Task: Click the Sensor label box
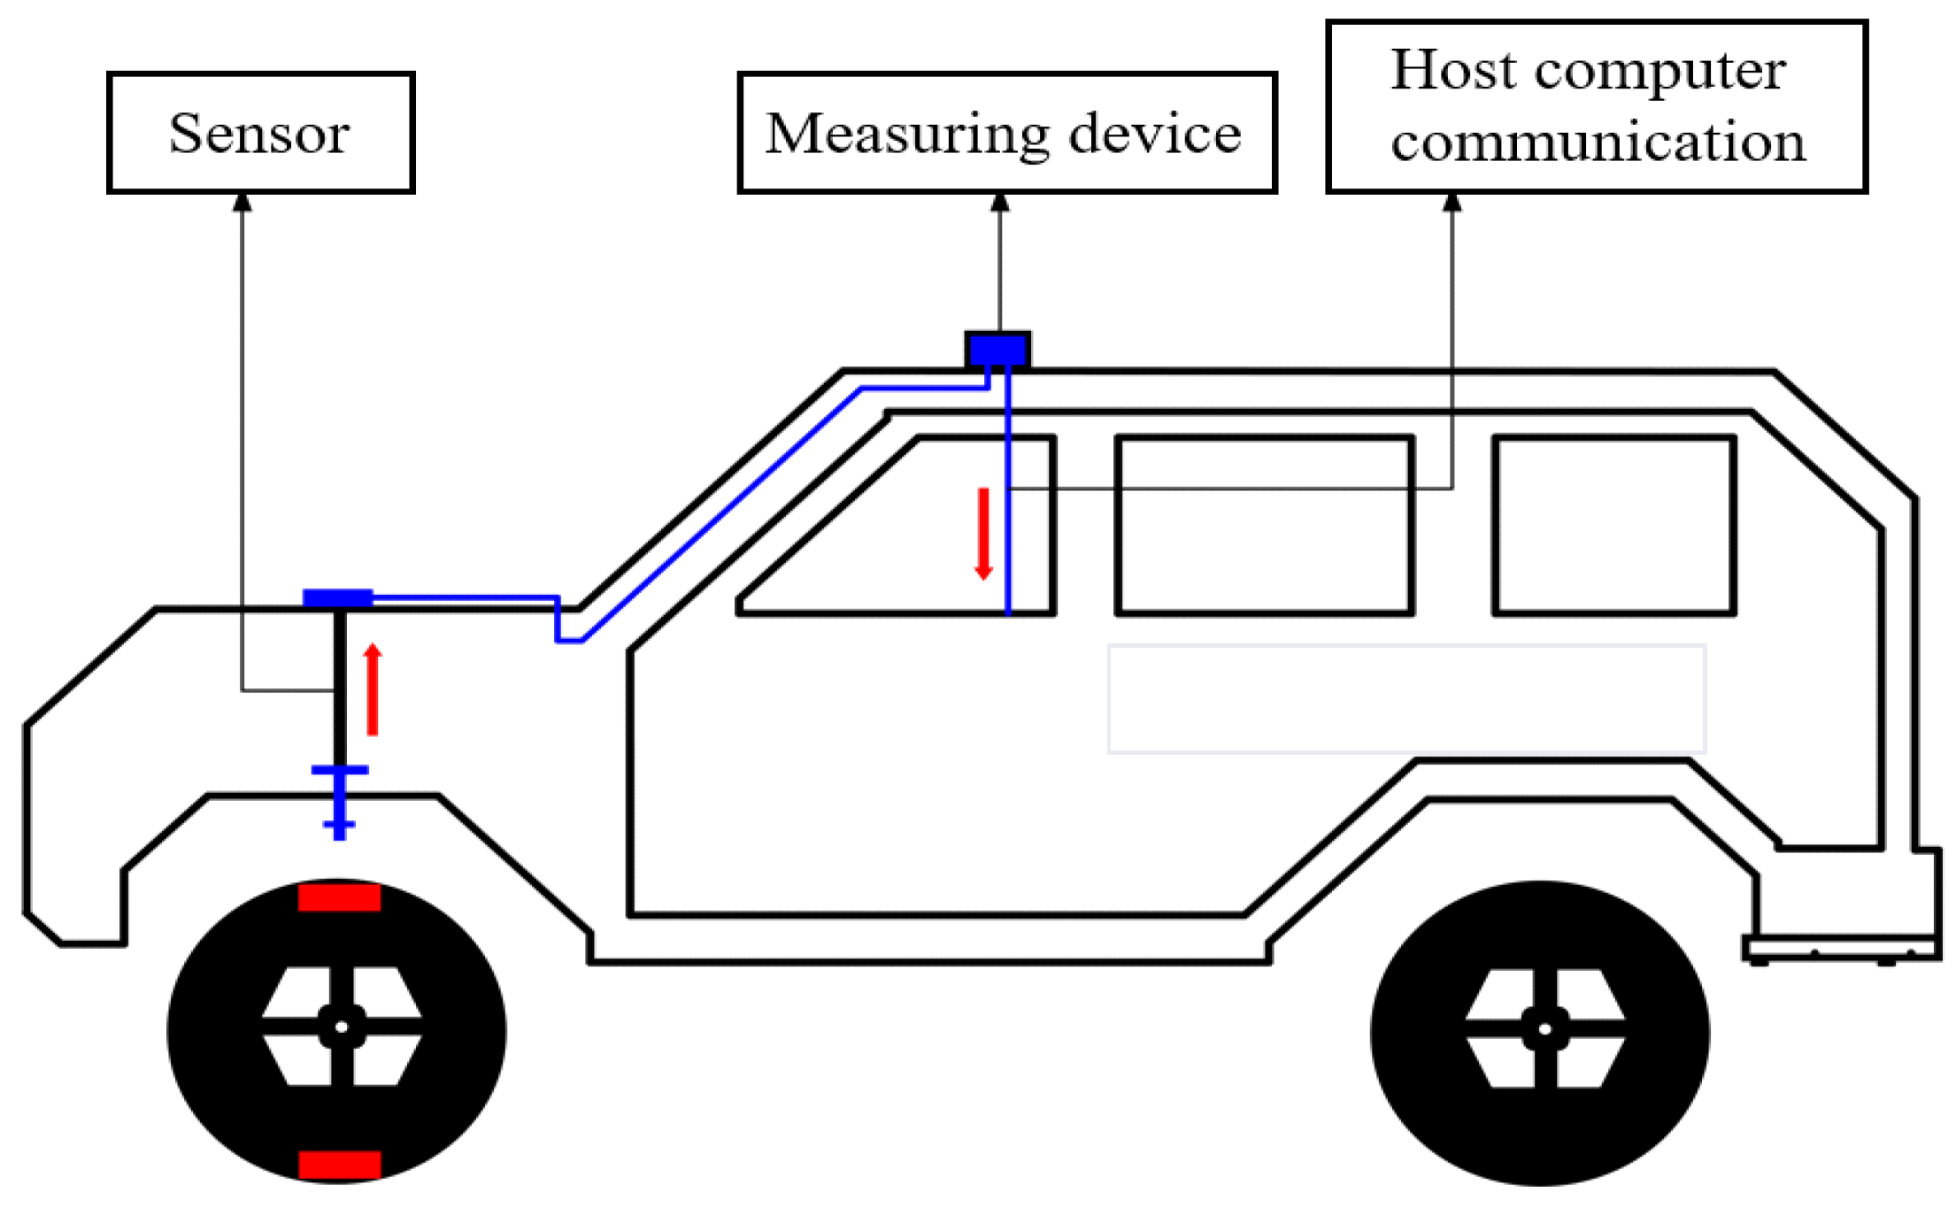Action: [260, 133]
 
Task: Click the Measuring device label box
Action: [1006, 133]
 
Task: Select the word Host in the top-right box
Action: [1452, 70]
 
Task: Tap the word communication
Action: [1597, 142]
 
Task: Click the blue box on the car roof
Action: [997, 350]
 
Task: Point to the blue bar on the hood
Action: [337, 598]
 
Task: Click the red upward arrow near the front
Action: [373, 689]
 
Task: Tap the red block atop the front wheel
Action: [339, 896]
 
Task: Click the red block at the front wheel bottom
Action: [339, 1165]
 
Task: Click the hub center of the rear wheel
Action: [1544, 1028]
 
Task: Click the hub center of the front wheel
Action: [341, 1026]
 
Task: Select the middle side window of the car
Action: [1264, 525]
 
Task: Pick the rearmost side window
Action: [1613, 525]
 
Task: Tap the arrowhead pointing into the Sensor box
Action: [243, 203]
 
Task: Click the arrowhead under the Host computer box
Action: [1452, 203]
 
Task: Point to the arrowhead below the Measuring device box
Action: [1000, 203]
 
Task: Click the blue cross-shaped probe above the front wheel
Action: [339, 796]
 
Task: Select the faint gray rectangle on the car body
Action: [1406, 699]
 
